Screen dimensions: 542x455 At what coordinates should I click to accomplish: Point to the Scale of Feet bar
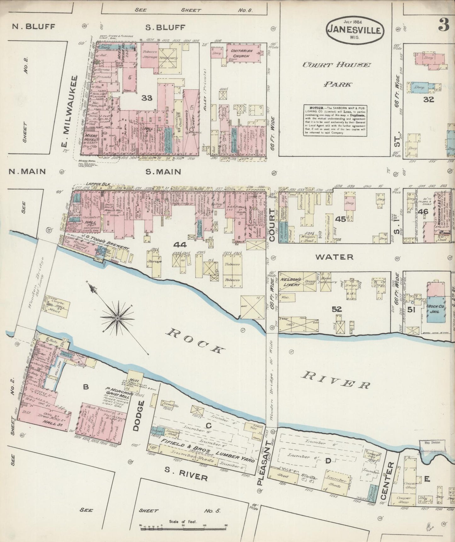(183, 526)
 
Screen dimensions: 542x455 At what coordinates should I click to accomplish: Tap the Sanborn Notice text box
(335, 120)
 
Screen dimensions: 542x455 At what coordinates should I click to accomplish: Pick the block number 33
(147, 98)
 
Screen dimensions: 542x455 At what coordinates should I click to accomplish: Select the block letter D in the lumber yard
(327, 461)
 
